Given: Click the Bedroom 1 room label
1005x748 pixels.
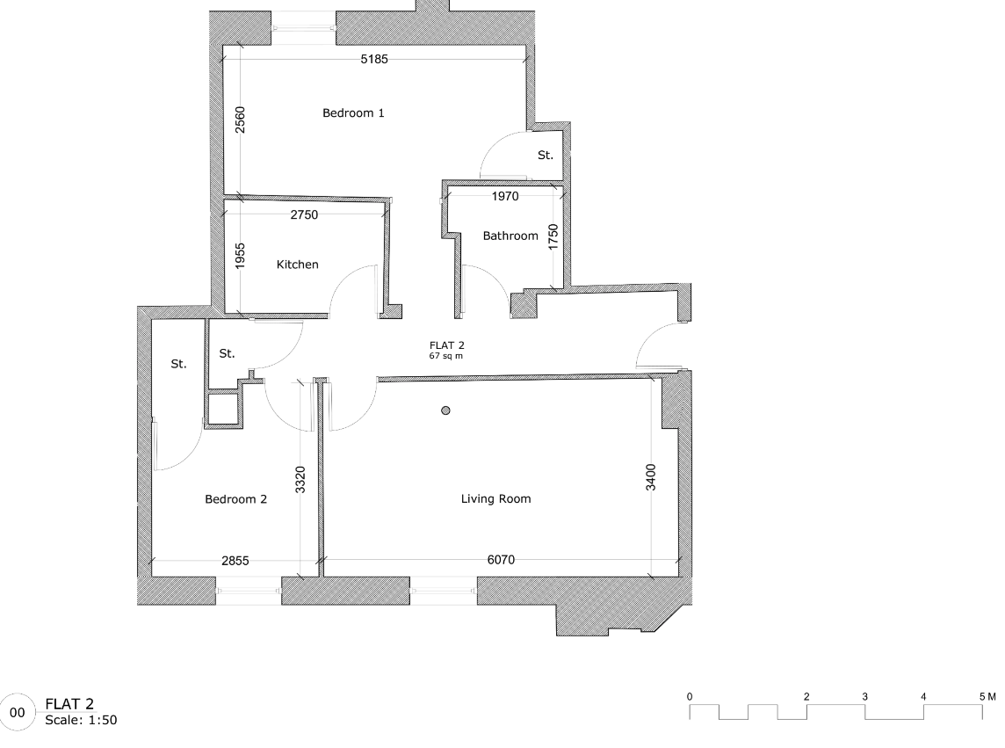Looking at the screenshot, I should [x=353, y=113].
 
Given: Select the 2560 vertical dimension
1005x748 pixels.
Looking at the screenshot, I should [x=241, y=120].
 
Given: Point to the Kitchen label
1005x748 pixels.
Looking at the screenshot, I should [x=297, y=265].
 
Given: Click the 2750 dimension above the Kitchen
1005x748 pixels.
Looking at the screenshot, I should [x=303, y=214].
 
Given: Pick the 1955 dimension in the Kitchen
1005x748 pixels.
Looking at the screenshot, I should [x=241, y=258].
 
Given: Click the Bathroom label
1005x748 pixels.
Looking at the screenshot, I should [x=510, y=236].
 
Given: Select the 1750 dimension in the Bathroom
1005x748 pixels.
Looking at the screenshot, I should [x=553, y=237].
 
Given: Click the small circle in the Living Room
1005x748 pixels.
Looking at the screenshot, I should [x=446, y=410].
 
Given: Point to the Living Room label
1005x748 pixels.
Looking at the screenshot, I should [x=496, y=499].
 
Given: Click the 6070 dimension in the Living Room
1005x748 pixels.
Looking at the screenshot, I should [x=501, y=559].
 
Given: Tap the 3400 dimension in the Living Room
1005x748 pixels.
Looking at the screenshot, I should [x=651, y=476].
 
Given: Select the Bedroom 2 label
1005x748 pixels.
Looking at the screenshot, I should [x=235, y=499].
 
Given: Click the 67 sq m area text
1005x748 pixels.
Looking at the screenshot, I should [x=445, y=357].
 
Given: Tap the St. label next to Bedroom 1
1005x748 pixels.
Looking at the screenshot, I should [x=546, y=156].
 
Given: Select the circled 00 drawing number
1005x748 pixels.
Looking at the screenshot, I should [x=18, y=708].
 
